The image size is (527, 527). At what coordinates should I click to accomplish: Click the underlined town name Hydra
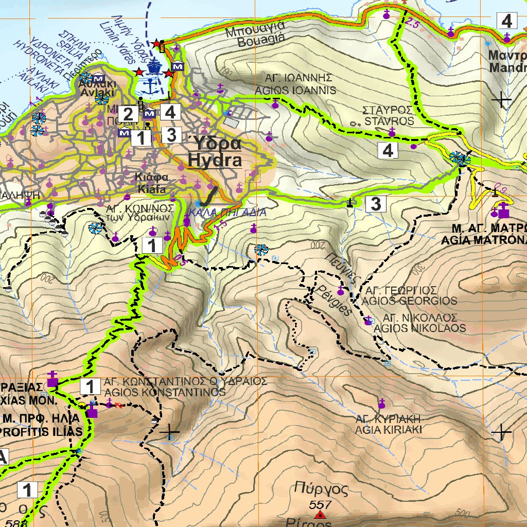(x=215, y=161)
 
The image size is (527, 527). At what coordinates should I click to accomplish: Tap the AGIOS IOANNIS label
(x=295, y=90)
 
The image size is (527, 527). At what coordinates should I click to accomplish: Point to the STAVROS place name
(x=388, y=121)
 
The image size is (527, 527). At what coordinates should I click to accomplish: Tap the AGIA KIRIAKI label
(x=389, y=429)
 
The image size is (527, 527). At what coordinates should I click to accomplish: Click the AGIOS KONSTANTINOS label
(x=164, y=392)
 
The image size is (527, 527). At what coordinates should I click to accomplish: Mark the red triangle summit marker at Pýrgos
(x=321, y=515)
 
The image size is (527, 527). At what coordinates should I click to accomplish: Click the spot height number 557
(x=321, y=504)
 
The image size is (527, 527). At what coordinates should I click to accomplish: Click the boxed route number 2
(x=128, y=113)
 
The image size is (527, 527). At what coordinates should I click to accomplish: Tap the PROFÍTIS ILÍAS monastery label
(x=41, y=431)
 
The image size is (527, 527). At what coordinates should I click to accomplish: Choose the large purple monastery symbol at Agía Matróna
(x=503, y=210)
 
